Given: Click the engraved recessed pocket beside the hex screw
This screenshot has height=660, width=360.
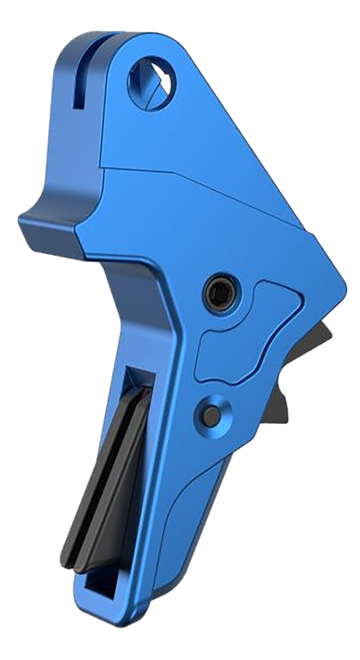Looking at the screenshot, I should (x=246, y=334).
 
